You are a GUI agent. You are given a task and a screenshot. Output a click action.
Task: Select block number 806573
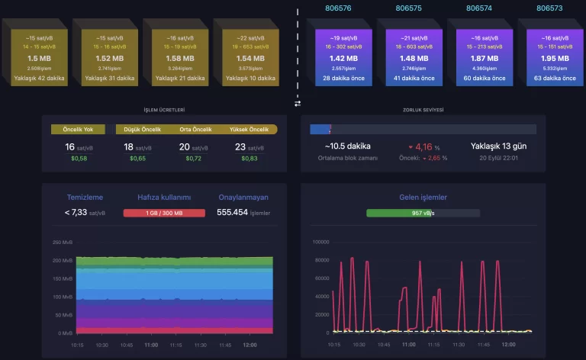pos(549,9)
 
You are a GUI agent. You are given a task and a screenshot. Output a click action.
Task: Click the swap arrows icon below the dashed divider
pos(298,103)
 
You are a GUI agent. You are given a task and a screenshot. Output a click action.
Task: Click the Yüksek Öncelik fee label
pos(250,129)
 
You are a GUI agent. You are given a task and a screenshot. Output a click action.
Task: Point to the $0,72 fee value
pos(184,158)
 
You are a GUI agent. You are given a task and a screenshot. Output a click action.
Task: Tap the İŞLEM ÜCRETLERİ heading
pos(164,110)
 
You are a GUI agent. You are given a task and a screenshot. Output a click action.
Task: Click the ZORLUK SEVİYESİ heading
pos(423,110)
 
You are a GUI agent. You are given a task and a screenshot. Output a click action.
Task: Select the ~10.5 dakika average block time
pos(347,146)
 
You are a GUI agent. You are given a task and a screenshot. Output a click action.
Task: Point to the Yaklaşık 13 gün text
pos(499,146)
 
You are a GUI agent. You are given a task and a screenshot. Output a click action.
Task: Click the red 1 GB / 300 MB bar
pos(164,213)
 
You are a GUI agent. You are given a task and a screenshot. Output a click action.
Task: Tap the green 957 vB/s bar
pos(423,213)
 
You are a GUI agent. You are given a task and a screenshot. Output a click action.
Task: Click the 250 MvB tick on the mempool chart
pos(63,242)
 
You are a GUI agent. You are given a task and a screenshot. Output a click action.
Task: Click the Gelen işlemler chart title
pos(423,198)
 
